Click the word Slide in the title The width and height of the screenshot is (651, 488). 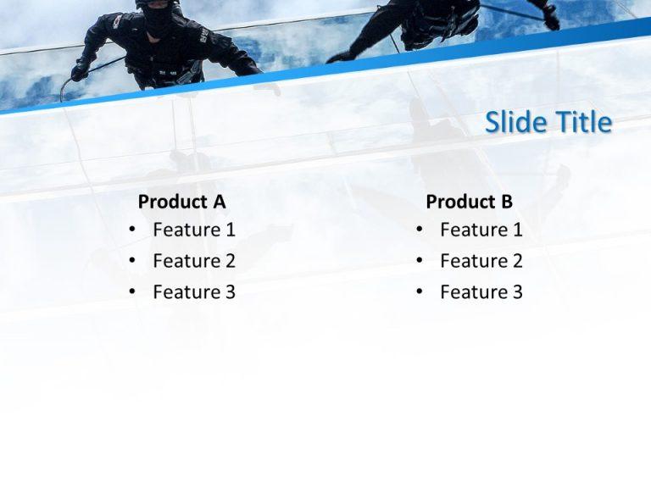(x=516, y=123)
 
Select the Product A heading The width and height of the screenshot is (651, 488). (x=181, y=202)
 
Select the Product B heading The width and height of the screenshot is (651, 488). (x=469, y=202)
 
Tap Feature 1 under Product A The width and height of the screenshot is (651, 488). (x=194, y=230)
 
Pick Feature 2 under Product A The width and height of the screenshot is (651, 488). (x=194, y=261)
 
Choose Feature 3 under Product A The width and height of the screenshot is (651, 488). (x=194, y=292)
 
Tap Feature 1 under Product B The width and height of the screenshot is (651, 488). (x=481, y=230)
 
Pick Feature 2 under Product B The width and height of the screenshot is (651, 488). (x=481, y=261)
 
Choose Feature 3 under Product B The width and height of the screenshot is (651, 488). (x=481, y=292)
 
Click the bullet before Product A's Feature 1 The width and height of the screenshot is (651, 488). (x=131, y=230)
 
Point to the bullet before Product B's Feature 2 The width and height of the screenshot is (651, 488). (x=419, y=262)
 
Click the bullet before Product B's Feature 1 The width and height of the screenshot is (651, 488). (x=419, y=230)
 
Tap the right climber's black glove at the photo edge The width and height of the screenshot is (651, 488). (x=551, y=17)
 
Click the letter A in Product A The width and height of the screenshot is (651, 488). (x=219, y=202)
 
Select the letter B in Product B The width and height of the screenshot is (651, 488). (x=506, y=202)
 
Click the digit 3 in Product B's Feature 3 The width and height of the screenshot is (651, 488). (x=517, y=292)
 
